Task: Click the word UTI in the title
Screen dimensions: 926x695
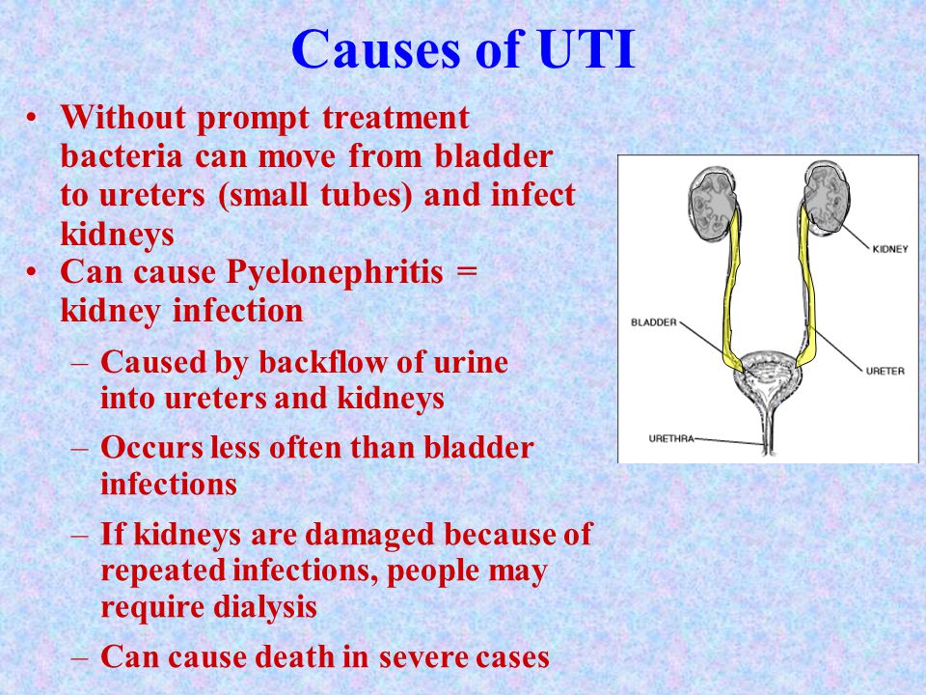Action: click(587, 48)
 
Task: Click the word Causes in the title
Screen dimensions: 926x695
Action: click(375, 48)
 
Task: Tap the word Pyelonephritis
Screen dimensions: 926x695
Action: click(335, 273)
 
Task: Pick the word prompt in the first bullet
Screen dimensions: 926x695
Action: click(254, 119)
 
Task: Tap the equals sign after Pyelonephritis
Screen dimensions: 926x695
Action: click(467, 272)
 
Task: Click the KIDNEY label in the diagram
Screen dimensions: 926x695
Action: click(890, 249)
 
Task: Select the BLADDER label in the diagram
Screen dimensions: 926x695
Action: click(654, 322)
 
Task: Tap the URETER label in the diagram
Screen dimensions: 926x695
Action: click(885, 371)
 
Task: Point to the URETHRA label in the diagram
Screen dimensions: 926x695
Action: click(671, 438)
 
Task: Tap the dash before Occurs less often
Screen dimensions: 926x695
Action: click(80, 449)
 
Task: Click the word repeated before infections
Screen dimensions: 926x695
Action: click(164, 570)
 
